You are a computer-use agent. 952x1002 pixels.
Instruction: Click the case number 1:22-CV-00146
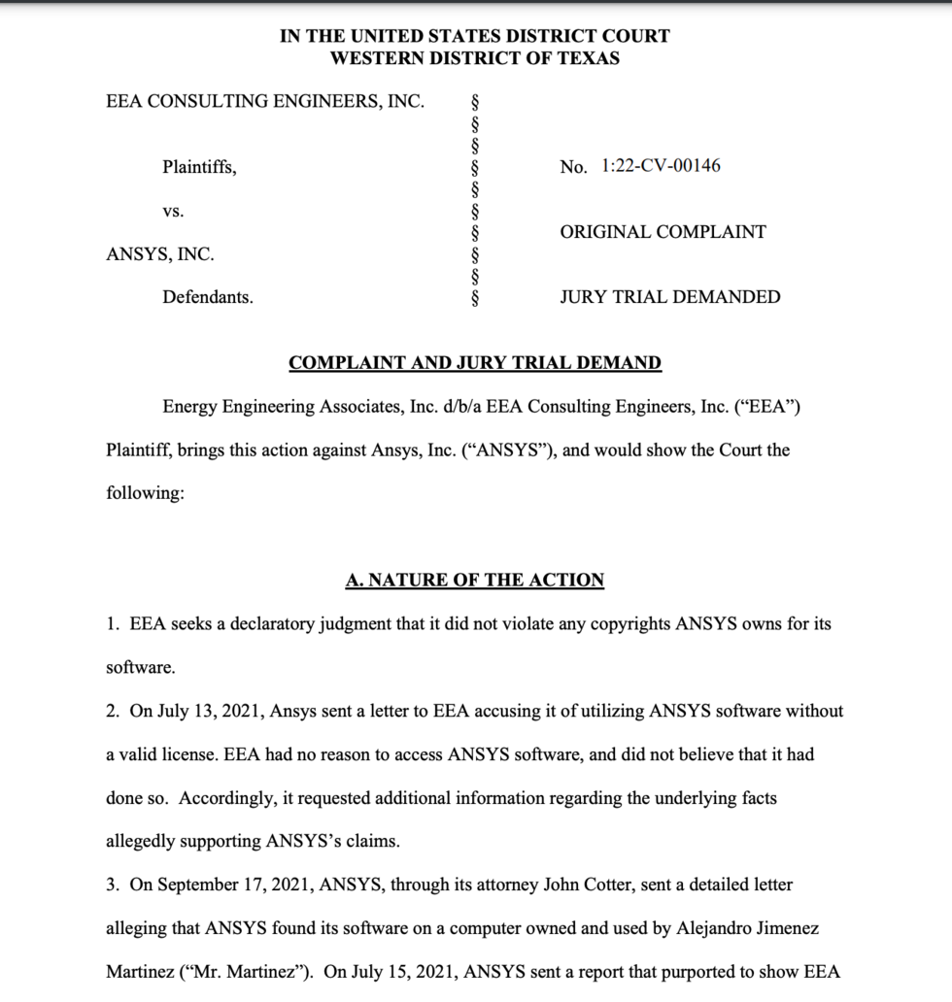click(x=661, y=166)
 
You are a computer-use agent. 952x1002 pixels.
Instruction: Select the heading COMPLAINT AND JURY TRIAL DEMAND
click(x=475, y=363)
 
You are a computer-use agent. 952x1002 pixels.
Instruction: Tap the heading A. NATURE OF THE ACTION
click(x=475, y=581)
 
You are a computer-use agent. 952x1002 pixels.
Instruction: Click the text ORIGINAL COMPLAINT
click(x=663, y=232)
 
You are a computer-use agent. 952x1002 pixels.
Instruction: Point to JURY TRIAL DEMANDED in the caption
click(x=669, y=297)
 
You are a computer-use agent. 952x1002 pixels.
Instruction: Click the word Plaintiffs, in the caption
click(x=199, y=167)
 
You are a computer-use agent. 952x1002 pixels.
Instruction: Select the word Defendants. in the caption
click(x=208, y=297)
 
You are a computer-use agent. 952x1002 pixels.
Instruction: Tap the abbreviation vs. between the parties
click(x=173, y=211)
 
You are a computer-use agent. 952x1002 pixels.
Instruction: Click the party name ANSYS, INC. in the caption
click(x=160, y=254)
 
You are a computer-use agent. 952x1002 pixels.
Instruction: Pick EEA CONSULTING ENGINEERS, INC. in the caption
click(x=265, y=101)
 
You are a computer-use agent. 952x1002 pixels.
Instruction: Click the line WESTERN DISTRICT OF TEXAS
click(x=475, y=58)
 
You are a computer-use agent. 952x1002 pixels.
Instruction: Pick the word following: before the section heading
click(x=145, y=493)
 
